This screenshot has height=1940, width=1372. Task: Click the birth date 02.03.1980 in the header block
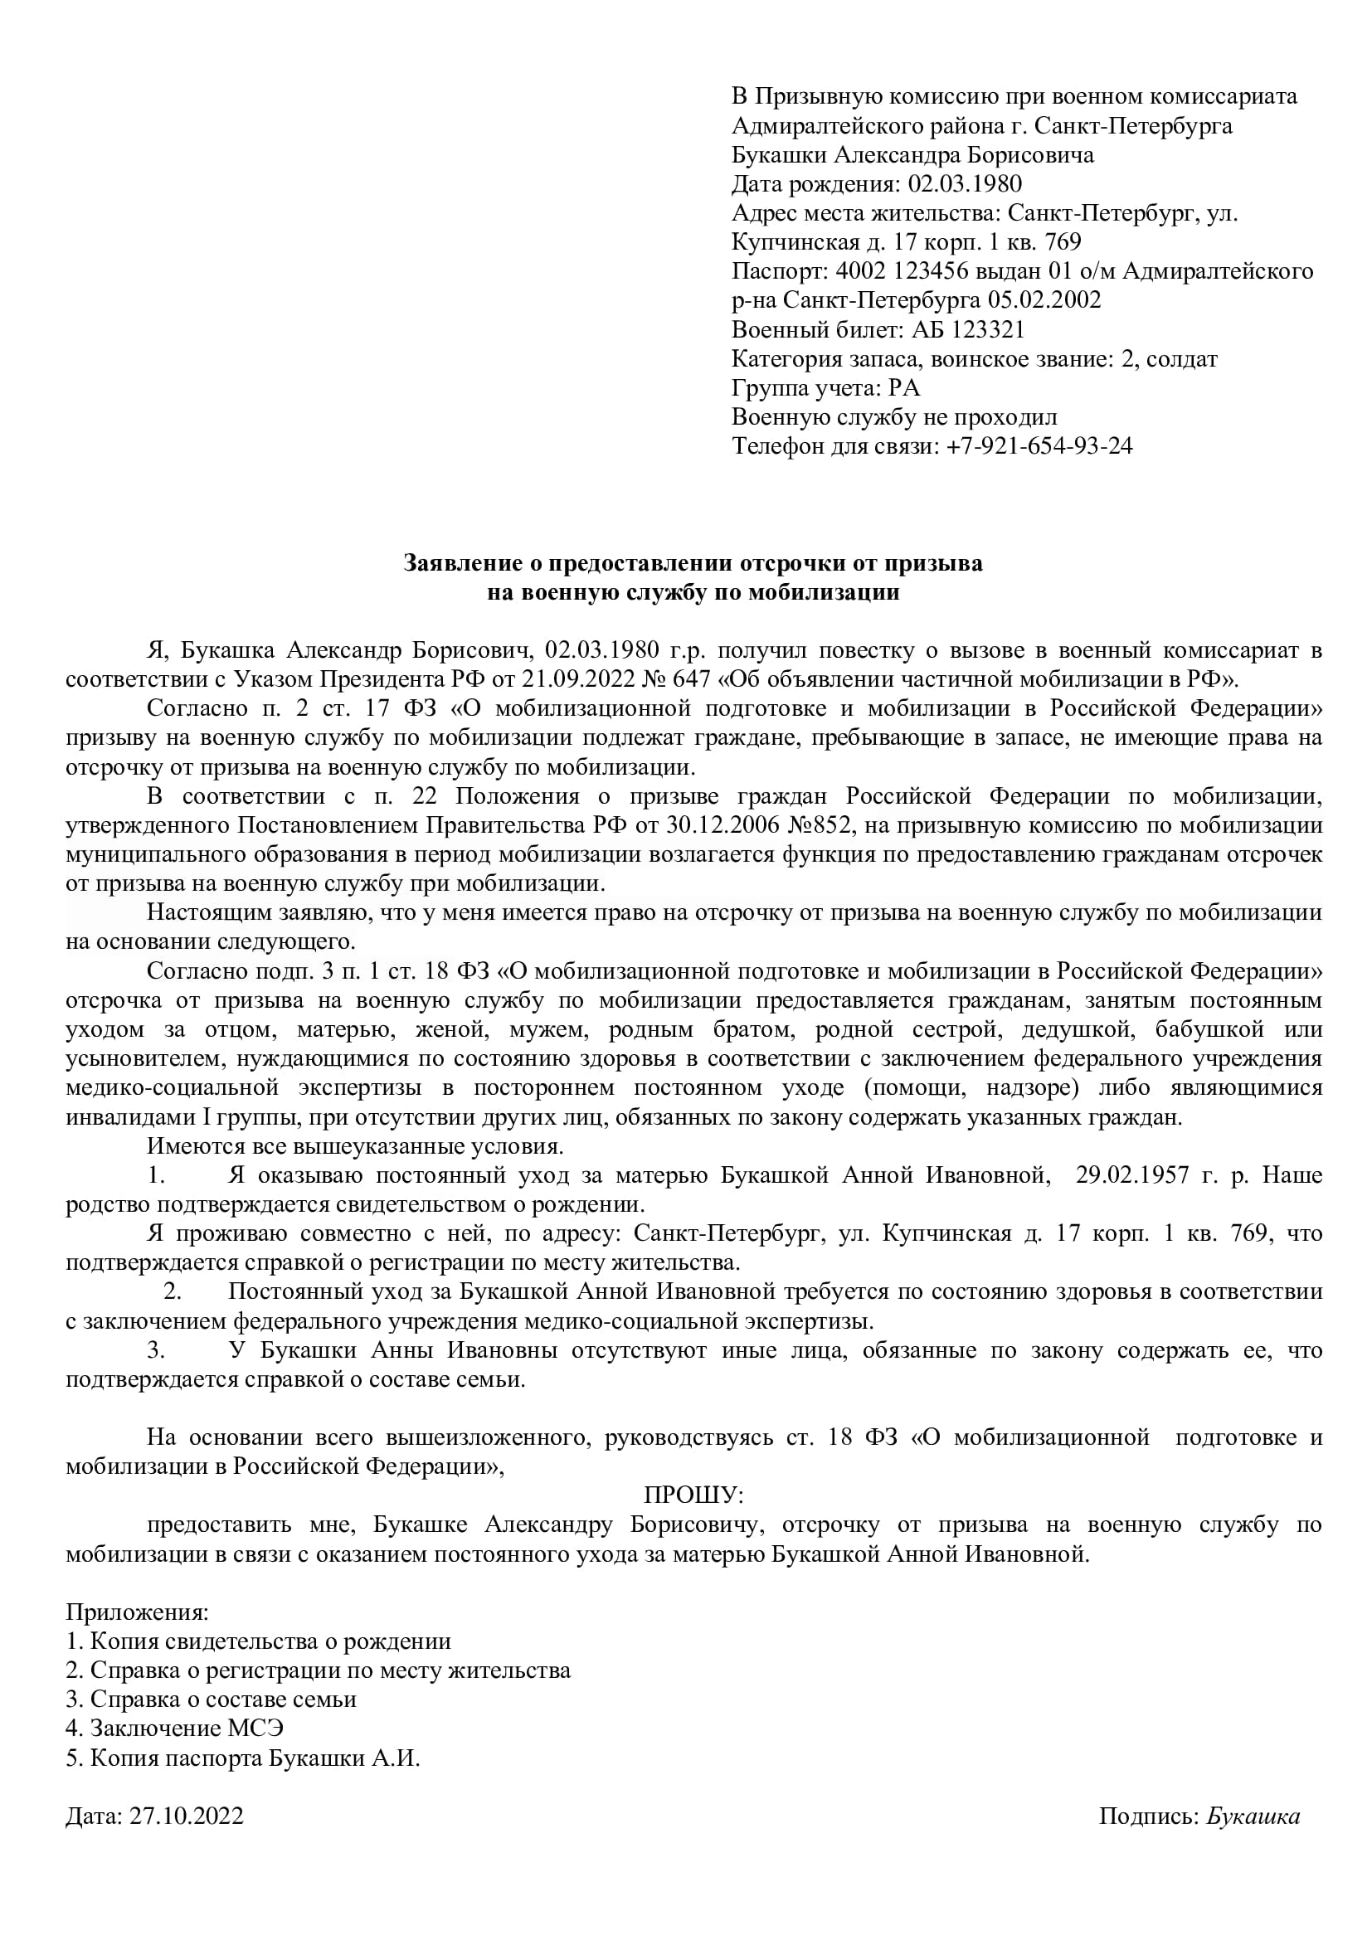(965, 183)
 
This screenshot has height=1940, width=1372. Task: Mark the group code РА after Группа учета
(904, 388)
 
